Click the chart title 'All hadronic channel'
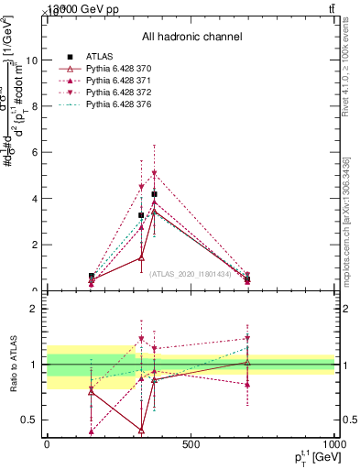(191, 37)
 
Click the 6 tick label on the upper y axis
(33, 153)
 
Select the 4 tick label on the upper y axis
(33, 199)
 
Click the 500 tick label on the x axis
(191, 446)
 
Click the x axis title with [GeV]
(311, 460)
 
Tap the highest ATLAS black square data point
(154, 194)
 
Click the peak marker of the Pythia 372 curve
(154, 172)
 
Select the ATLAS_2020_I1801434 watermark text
(191, 273)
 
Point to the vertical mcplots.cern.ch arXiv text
(346, 220)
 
